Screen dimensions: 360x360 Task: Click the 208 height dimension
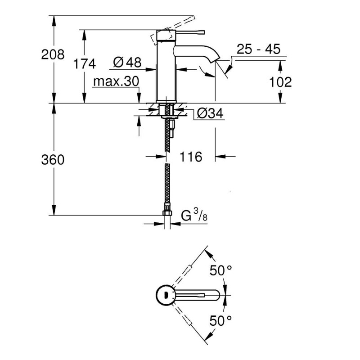53,55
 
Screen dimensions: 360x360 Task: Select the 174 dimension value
85,64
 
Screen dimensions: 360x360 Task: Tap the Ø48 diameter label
127,63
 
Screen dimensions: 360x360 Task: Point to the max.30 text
116,81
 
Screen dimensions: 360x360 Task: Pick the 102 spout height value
280,82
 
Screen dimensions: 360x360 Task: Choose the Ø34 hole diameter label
210,113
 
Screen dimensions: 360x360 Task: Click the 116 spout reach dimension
190,157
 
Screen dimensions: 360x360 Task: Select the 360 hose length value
53,160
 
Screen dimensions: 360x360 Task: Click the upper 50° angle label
221,271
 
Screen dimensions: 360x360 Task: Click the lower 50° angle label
221,320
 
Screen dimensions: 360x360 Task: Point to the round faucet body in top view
166,295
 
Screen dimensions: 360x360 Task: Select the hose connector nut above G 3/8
167,211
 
